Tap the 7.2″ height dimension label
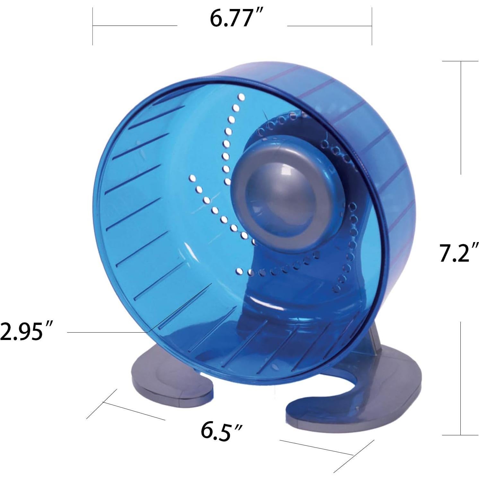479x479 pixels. pos(459,253)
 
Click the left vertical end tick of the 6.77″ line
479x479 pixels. pos(93,26)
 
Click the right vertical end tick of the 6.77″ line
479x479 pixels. pos(372,26)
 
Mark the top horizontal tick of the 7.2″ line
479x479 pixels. pos(460,61)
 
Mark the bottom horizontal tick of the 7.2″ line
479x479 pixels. pos(460,435)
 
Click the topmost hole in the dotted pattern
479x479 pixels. pos(241,97)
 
